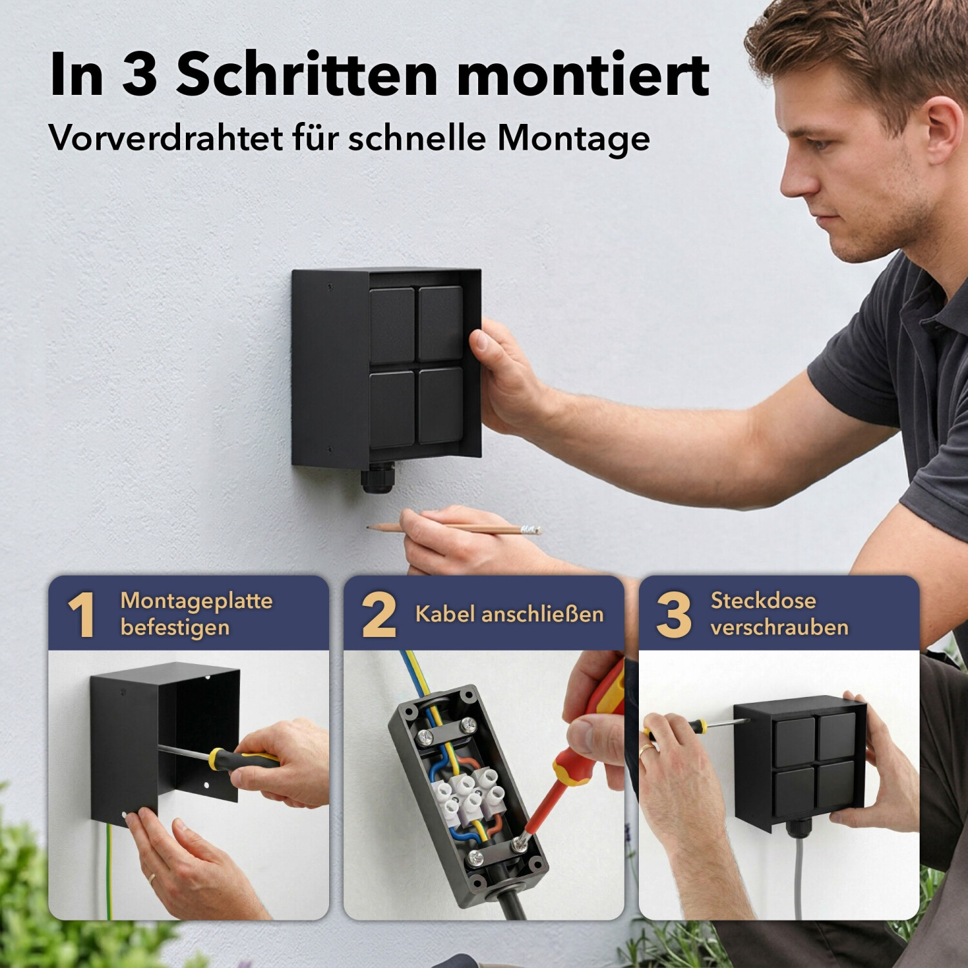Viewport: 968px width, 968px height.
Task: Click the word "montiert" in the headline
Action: pos(583,75)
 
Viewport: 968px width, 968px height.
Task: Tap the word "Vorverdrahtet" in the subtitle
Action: pos(166,137)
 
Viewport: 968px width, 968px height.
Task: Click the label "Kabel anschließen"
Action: pos(509,614)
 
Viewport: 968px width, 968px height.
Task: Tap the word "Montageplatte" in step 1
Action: pos(196,601)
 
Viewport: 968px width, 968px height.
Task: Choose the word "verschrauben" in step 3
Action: pos(780,627)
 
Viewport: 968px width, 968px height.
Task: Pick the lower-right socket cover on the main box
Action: pos(441,405)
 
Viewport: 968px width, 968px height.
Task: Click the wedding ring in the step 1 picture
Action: pos(152,878)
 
